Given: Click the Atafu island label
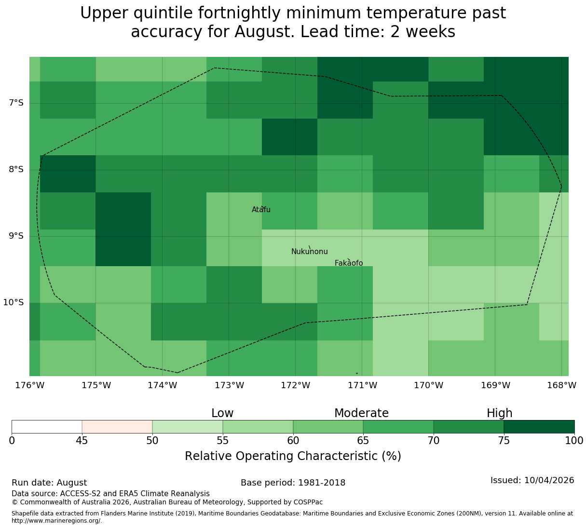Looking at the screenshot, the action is coord(261,209).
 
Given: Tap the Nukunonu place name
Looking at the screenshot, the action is coord(309,252).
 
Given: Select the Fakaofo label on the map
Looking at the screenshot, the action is coord(349,263).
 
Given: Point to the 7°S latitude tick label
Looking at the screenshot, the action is coord(16,103).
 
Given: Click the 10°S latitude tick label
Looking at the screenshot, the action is coord(13,302).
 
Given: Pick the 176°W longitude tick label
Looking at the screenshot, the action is coord(29,385).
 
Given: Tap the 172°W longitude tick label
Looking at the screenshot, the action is coord(295,385).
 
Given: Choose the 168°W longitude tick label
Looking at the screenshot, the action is coord(561,385).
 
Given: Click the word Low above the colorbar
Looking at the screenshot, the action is coord(222,413).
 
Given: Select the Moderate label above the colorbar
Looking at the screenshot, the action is coord(361,413).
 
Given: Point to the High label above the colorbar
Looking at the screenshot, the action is coord(499,413).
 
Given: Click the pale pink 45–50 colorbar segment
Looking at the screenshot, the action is coord(117,427).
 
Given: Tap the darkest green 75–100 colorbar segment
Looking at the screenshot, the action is coord(539,427).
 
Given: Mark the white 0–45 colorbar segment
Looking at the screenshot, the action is coord(47,427).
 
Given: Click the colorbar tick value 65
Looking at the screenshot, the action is coord(363,440).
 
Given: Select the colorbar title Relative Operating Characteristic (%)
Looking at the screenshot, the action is coord(293,456).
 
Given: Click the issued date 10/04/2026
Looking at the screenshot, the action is coord(549,480).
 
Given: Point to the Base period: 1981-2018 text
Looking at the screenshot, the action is coord(293,483).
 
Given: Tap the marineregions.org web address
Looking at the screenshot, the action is coord(57,521).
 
